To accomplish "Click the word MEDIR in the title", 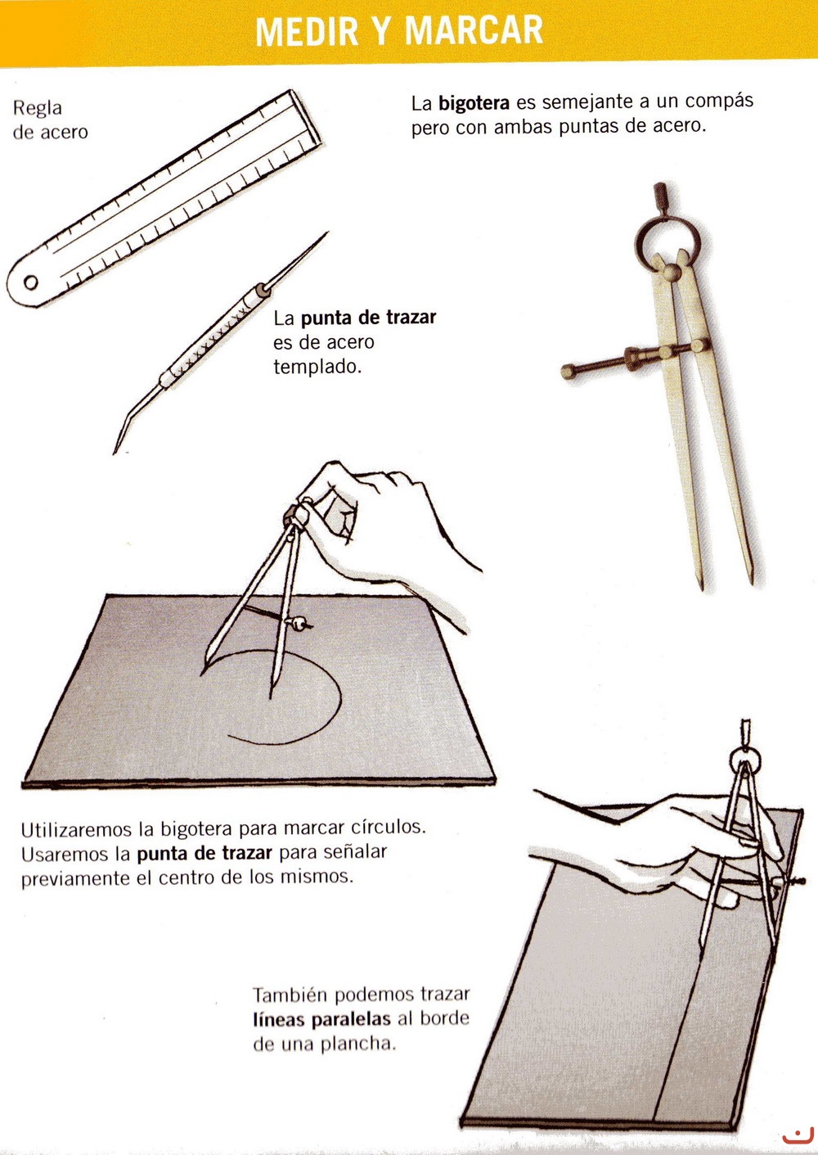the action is [x=307, y=31].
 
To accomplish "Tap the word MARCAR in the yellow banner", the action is [x=474, y=31].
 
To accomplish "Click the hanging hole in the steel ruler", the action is [x=30, y=282].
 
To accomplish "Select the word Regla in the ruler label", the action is [x=37, y=108].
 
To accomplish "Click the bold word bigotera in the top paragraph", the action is [x=474, y=103].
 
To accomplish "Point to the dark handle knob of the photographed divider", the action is [x=661, y=194].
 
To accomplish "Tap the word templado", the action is [x=317, y=368].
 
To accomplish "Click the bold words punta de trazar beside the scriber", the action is [x=368, y=317].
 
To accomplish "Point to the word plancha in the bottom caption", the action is [x=358, y=1044].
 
